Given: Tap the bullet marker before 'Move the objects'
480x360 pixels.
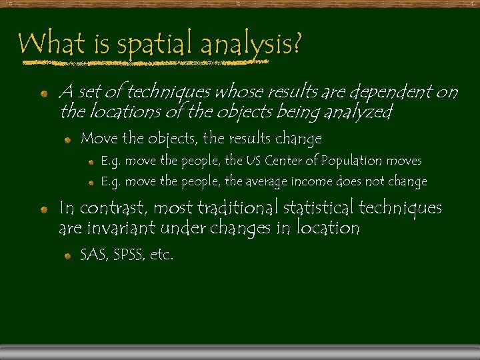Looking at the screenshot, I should tap(67, 140).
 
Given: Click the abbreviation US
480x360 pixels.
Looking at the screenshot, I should tap(253, 161).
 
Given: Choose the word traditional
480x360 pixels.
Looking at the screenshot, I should tap(237, 208).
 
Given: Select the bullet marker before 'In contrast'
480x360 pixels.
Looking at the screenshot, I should tap(43, 209).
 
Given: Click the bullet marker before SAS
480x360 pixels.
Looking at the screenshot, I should tap(67, 255).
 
